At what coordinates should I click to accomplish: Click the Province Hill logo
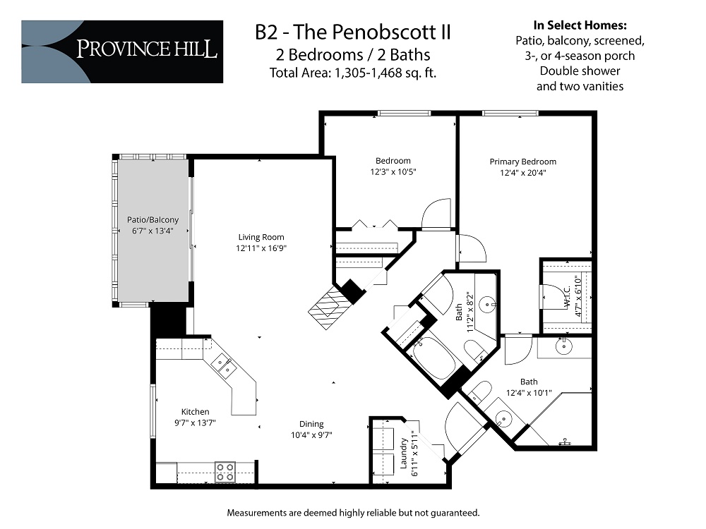tap(121, 51)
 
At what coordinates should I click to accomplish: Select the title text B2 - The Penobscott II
tap(352, 32)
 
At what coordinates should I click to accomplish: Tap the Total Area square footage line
tap(352, 72)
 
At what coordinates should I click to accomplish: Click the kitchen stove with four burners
tap(225, 471)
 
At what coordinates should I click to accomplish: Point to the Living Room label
tap(261, 238)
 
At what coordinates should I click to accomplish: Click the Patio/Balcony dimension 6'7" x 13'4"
tap(152, 231)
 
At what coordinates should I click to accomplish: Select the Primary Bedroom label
tap(522, 162)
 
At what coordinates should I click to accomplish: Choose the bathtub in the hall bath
tap(436, 358)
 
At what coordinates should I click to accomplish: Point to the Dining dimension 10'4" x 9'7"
tap(311, 434)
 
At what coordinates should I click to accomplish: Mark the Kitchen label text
tap(195, 411)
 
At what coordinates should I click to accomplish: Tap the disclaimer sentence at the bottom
tap(352, 511)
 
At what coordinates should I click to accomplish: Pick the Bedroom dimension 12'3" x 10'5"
tap(393, 171)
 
